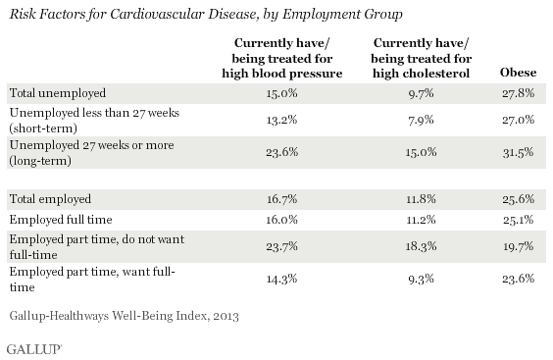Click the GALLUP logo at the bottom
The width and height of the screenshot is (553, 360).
click(x=34, y=349)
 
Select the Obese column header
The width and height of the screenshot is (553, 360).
click(x=518, y=73)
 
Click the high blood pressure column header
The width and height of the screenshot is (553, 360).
click(x=282, y=58)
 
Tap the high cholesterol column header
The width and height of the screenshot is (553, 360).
click(x=421, y=58)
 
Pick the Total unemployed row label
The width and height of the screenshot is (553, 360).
click(x=58, y=93)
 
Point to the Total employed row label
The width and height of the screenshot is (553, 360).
click(x=50, y=199)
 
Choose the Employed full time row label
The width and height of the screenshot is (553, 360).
click(x=61, y=220)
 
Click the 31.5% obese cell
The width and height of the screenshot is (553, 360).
click(x=518, y=152)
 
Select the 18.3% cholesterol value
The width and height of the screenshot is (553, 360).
click(x=421, y=246)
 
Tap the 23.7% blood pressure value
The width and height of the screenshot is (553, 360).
click(x=281, y=246)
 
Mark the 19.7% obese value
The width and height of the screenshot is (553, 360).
click(x=518, y=246)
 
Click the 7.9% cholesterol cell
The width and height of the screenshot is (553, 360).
click(x=421, y=120)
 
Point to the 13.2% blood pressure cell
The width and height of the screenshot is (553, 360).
click(x=281, y=120)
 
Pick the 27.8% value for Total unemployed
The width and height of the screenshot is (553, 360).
click(x=518, y=93)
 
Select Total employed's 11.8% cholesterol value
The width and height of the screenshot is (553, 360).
click(x=421, y=199)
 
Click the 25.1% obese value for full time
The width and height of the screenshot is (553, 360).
click(x=518, y=220)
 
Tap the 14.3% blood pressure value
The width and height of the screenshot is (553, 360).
click(x=281, y=279)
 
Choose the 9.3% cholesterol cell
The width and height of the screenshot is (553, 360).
click(x=421, y=279)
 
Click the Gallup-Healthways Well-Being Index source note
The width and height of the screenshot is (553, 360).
click(x=125, y=316)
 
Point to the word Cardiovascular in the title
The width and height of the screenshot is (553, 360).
click(x=157, y=14)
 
